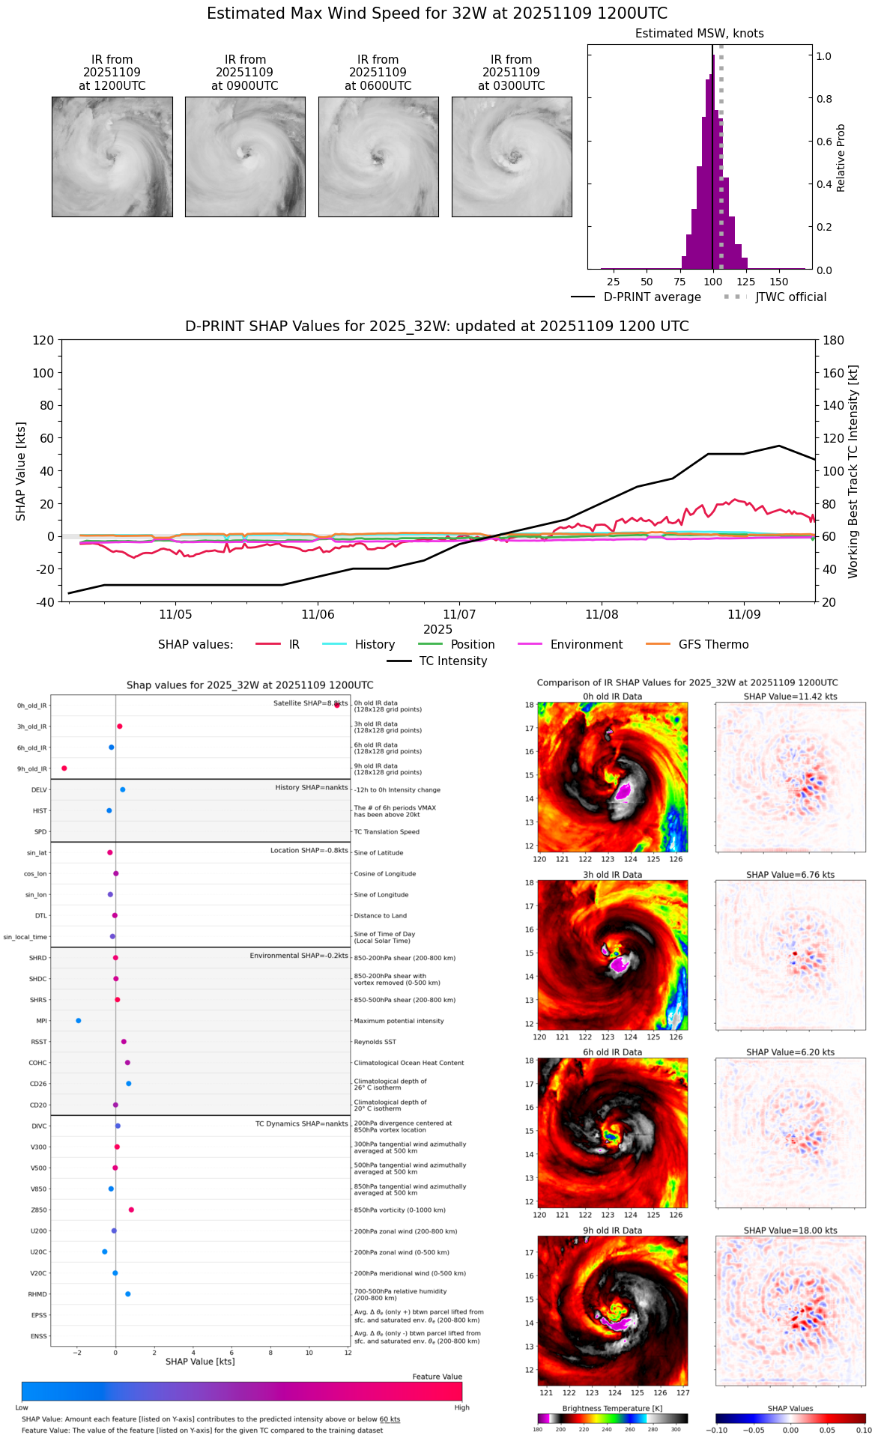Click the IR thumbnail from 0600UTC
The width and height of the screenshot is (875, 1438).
pos(378,157)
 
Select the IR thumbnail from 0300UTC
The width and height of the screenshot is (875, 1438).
pos(512,157)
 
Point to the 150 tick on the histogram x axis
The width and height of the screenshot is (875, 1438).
pos(779,282)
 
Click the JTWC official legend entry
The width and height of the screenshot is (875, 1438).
pos(790,297)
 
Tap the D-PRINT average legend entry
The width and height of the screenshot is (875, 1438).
pos(652,297)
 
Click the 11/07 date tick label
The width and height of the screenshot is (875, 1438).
pos(459,615)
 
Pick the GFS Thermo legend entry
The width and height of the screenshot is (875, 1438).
pos(713,645)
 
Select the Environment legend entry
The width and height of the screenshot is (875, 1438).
pos(586,645)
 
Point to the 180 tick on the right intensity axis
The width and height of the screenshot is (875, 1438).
pos(834,341)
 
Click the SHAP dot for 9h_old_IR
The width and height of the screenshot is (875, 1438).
pos(64,768)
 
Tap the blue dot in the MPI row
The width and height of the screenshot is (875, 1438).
pos(79,1021)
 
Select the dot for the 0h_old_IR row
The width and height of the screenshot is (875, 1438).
pos(337,705)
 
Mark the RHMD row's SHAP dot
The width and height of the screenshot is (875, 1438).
pos(128,1294)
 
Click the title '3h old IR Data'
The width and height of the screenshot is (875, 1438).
pos(612,875)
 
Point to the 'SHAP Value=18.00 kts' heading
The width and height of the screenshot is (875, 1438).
pos(790,1231)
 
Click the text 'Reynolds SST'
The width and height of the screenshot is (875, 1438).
pos(375,1042)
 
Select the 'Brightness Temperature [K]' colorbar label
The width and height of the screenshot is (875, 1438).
pos(612,1409)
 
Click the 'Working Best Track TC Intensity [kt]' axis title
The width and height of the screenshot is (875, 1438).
pos(853,472)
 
